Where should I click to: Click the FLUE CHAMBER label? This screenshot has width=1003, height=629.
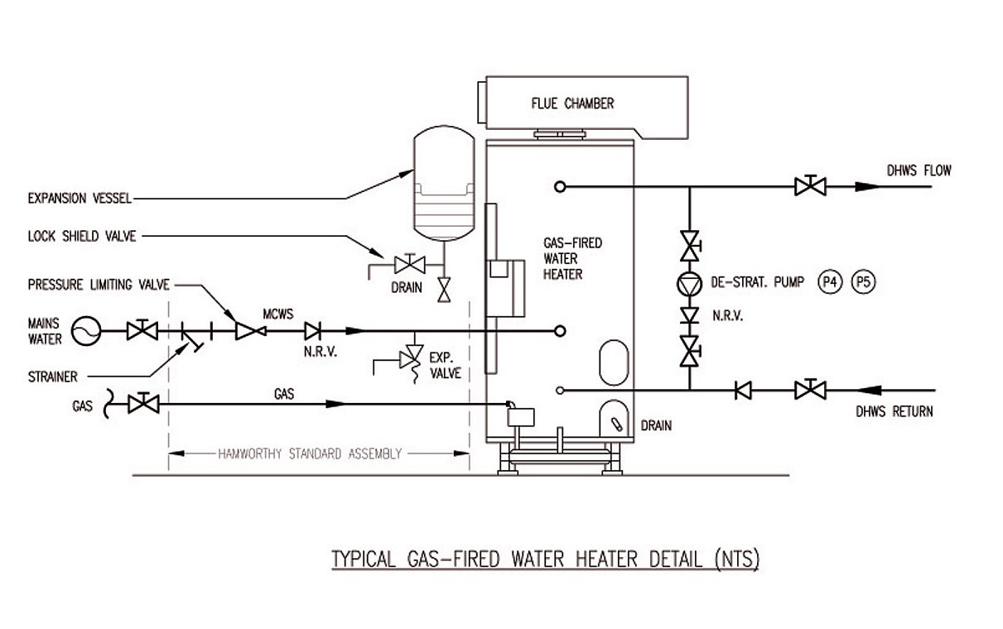pyautogui.click(x=572, y=103)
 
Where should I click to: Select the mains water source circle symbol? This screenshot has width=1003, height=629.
pyautogui.click(x=85, y=332)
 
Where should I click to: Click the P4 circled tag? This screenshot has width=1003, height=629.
pyautogui.click(x=828, y=282)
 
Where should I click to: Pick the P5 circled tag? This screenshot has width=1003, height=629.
pyautogui.click(x=862, y=282)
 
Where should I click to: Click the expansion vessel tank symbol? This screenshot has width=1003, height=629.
pyautogui.click(x=441, y=186)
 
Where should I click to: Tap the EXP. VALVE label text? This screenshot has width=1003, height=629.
pyautogui.click(x=444, y=366)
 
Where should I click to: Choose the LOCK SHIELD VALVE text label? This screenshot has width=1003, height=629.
pyautogui.click(x=81, y=237)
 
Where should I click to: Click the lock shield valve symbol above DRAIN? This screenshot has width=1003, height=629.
pyautogui.click(x=410, y=265)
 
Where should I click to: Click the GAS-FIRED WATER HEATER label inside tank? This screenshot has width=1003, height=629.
pyautogui.click(x=571, y=258)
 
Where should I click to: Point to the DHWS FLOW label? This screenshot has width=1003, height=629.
pyautogui.click(x=917, y=171)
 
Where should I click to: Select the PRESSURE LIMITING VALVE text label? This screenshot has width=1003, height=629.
pyautogui.click(x=99, y=286)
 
